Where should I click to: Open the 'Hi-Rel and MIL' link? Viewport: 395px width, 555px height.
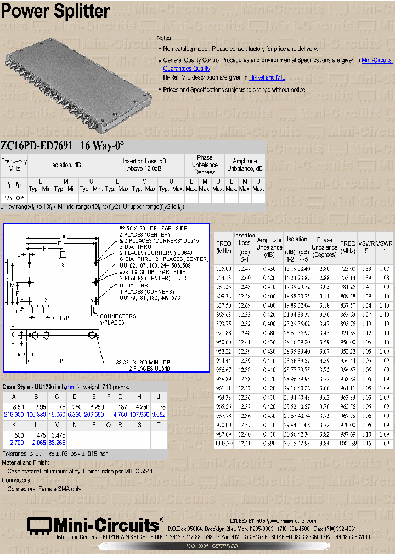click(x=267, y=78)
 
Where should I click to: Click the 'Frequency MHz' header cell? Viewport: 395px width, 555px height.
click(x=14, y=165)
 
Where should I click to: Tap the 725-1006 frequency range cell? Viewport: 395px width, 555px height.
click(x=14, y=197)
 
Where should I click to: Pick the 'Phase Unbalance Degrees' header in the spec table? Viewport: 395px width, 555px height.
click(x=205, y=165)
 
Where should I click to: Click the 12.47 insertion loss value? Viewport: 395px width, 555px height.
click(x=244, y=269)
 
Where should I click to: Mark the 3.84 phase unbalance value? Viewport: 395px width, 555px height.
click(x=324, y=443)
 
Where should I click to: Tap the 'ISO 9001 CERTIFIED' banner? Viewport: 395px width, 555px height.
click(x=211, y=546)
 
